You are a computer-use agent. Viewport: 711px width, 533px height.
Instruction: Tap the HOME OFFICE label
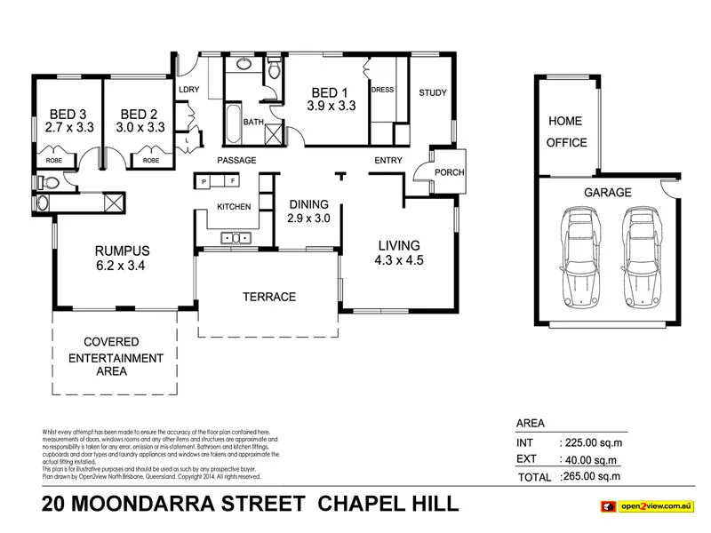567,131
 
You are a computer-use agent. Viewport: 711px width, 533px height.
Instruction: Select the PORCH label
450,172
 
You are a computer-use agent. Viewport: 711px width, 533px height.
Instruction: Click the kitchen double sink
236,237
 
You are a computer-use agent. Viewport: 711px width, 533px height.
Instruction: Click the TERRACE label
268,297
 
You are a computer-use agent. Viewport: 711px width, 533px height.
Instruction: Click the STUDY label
433,92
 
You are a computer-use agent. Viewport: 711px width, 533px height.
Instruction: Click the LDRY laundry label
188,90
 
